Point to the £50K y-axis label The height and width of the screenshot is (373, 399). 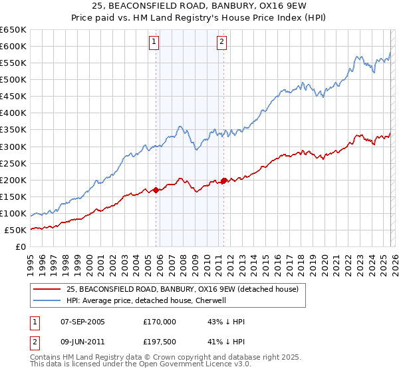pyautogui.click(x=15, y=230)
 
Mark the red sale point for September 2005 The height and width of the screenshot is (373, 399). pyautogui.click(x=156, y=190)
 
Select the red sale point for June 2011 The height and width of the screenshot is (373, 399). pyautogui.click(x=223, y=181)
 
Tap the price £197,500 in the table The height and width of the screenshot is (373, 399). pyautogui.click(x=160, y=344)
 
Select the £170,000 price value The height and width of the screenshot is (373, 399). pyautogui.click(x=160, y=322)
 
